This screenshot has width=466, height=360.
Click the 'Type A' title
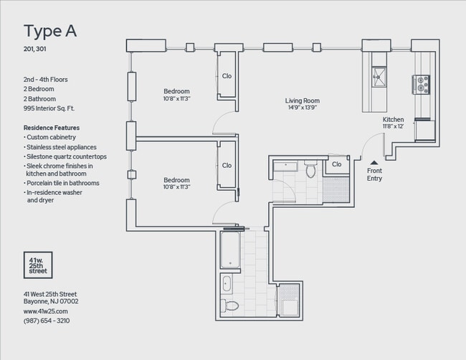point(50,31)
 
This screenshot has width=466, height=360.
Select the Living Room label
point(302,101)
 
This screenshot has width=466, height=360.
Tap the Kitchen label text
point(394,119)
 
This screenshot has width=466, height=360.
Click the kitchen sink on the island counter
point(379,76)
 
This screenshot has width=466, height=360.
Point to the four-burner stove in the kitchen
point(421,85)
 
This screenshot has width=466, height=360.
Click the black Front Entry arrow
point(374,163)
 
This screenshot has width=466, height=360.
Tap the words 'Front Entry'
point(374,174)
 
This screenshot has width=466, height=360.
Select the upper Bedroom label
point(176,91)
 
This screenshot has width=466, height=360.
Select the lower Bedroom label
point(176,180)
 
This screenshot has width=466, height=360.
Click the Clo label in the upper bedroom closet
point(227,75)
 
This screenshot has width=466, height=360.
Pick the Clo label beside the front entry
point(336,165)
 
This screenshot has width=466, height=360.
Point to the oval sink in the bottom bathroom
point(227,283)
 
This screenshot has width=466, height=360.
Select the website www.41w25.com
point(45,311)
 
